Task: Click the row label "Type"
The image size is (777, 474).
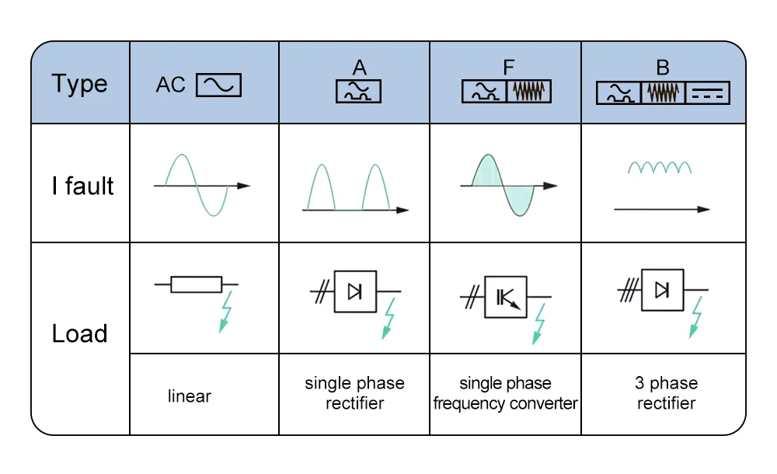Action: tap(79, 84)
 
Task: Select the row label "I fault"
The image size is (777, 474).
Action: tap(82, 186)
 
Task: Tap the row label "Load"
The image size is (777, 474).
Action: tap(79, 334)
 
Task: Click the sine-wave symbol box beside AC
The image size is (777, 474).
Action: tap(218, 85)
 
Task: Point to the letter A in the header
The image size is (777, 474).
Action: tap(358, 68)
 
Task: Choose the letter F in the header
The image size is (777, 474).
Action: tap(507, 68)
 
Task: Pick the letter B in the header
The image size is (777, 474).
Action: tap(663, 68)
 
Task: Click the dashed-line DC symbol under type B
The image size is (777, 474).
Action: tap(708, 93)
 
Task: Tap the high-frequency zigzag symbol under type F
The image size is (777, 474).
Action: tap(529, 92)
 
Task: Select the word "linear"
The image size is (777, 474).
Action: tap(190, 396)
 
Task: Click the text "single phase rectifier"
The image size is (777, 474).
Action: tap(354, 393)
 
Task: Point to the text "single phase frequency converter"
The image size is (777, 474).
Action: tap(506, 393)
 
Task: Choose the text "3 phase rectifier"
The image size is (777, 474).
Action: tap(666, 393)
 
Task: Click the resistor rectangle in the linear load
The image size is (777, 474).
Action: tap(196, 284)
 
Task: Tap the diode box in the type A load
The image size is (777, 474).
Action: tap(355, 291)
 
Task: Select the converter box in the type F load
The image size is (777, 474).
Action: tap(505, 296)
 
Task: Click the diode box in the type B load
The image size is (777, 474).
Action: tap(662, 290)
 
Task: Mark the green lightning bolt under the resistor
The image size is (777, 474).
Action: tap(226, 312)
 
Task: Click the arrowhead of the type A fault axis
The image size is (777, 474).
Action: tap(402, 210)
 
